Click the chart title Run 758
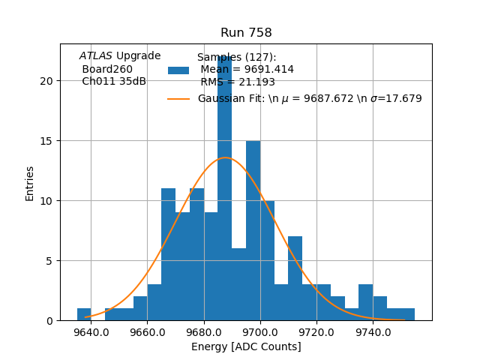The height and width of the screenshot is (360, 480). (x=246, y=33)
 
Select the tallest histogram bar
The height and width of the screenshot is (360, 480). (x=224, y=187)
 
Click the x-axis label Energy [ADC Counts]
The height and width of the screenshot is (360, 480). (x=246, y=346)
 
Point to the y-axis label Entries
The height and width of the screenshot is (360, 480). (x=30, y=183)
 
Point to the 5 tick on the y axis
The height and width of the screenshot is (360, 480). (x=49, y=261)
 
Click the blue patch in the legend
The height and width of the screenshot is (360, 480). (x=178, y=70)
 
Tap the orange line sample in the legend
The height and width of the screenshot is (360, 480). (x=178, y=98)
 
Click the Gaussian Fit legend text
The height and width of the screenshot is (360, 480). (x=309, y=98)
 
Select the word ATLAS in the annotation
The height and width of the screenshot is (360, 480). (x=96, y=55)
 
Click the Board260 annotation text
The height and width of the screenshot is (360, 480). (x=106, y=69)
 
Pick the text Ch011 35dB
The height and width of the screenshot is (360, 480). (x=113, y=82)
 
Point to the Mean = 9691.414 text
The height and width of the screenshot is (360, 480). (x=247, y=69)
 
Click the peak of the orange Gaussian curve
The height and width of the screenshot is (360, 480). (x=225, y=157)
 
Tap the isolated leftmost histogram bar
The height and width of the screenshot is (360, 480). (x=84, y=314)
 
